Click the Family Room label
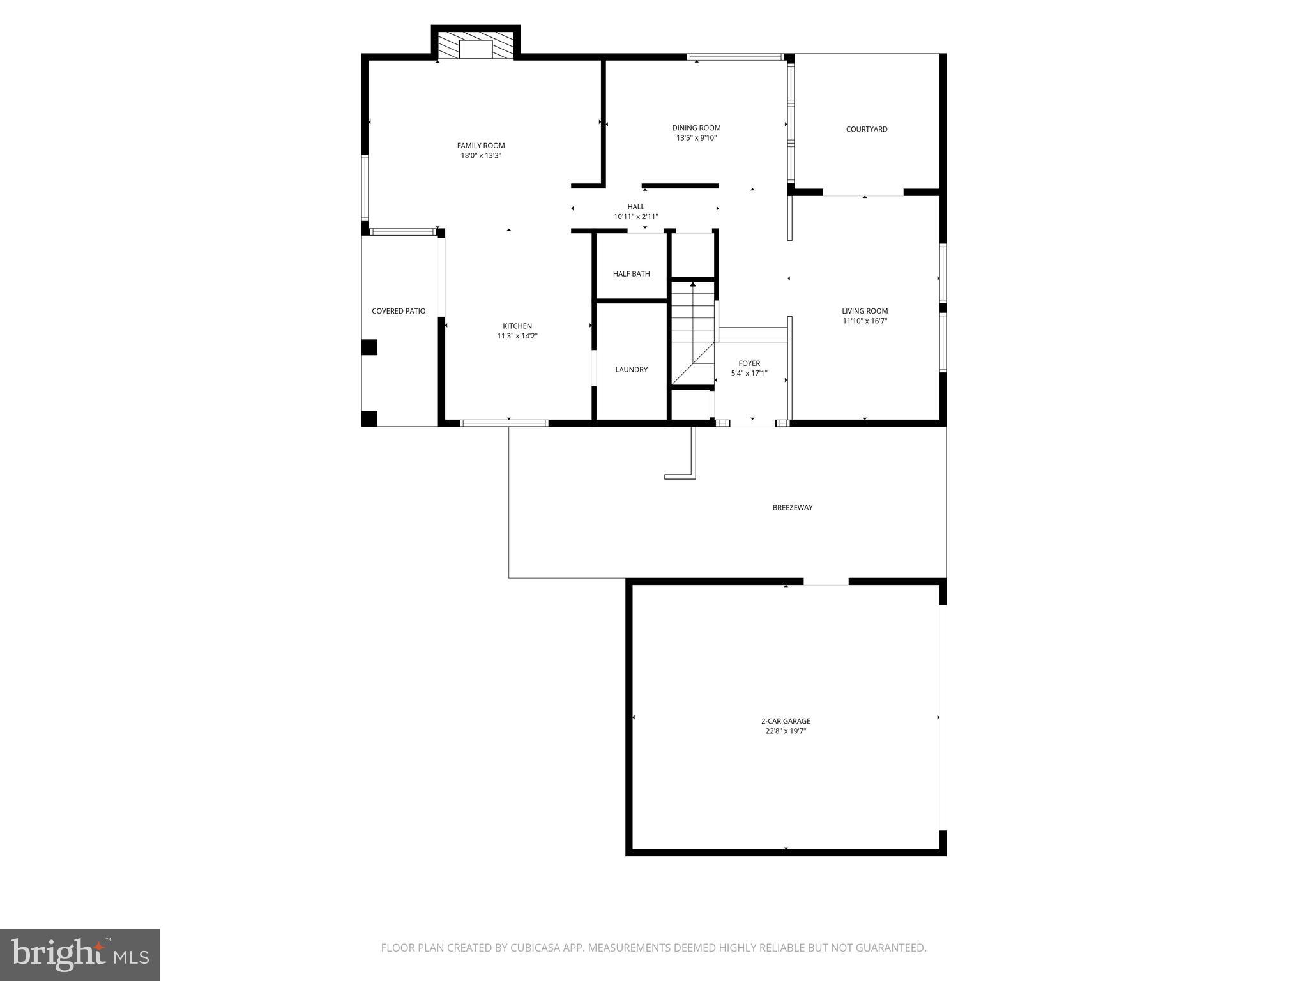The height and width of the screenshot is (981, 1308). click(481, 146)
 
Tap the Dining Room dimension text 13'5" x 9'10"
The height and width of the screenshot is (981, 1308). click(696, 138)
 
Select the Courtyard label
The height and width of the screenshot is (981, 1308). click(867, 129)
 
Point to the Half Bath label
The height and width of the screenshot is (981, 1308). click(631, 274)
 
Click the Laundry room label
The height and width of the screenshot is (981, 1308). click(631, 370)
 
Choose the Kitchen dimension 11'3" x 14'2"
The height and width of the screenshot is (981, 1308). click(517, 336)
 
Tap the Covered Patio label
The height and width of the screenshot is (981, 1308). click(399, 311)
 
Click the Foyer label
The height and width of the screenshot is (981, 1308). click(749, 363)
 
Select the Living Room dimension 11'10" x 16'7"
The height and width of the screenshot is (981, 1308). click(865, 321)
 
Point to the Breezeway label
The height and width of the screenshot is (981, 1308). click(793, 508)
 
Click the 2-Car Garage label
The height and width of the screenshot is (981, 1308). click(786, 721)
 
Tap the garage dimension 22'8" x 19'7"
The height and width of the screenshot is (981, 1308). click(786, 731)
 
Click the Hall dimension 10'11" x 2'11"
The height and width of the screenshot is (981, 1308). click(635, 217)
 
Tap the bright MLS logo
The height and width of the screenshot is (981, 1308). click(80, 954)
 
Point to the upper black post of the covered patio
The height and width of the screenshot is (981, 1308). click(369, 347)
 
